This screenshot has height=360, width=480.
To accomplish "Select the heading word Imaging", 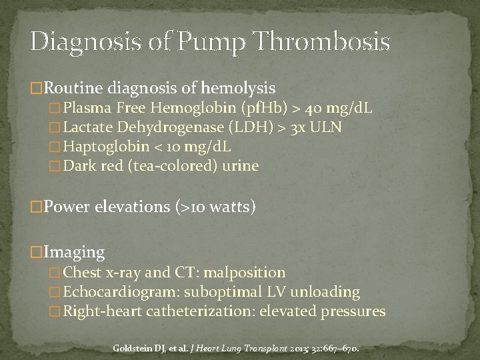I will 74,252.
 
